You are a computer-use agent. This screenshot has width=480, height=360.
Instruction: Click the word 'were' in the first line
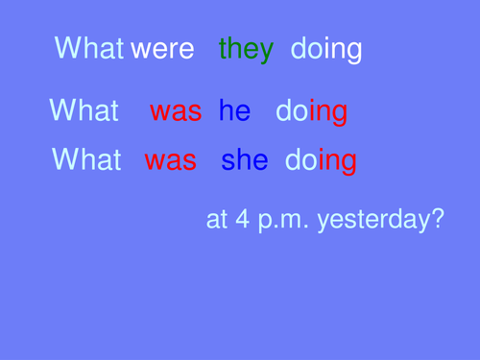tap(162, 49)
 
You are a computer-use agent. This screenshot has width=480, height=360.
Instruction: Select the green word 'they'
tap(246, 49)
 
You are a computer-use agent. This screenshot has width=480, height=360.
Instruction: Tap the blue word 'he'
tap(234, 111)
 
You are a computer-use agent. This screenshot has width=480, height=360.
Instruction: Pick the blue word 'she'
tap(244, 160)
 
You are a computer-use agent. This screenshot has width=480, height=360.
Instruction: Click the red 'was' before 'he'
tap(176, 111)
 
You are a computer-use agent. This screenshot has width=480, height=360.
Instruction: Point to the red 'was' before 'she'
tap(171, 160)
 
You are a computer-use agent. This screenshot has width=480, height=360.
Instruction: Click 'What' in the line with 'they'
tap(90, 48)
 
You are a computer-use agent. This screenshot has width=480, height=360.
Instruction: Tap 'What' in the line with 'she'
tap(87, 159)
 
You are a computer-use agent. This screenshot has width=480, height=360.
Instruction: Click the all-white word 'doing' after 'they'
tap(326, 49)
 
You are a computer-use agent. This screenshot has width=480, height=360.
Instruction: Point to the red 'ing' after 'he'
tap(328, 113)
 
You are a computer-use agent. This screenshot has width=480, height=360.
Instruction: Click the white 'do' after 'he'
tap(292, 111)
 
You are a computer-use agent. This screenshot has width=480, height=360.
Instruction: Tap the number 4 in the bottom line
tap(242, 219)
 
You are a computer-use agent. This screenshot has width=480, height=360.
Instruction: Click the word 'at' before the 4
tap(217, 219)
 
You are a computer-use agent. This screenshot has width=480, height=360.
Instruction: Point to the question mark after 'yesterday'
tap(436, 219)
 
